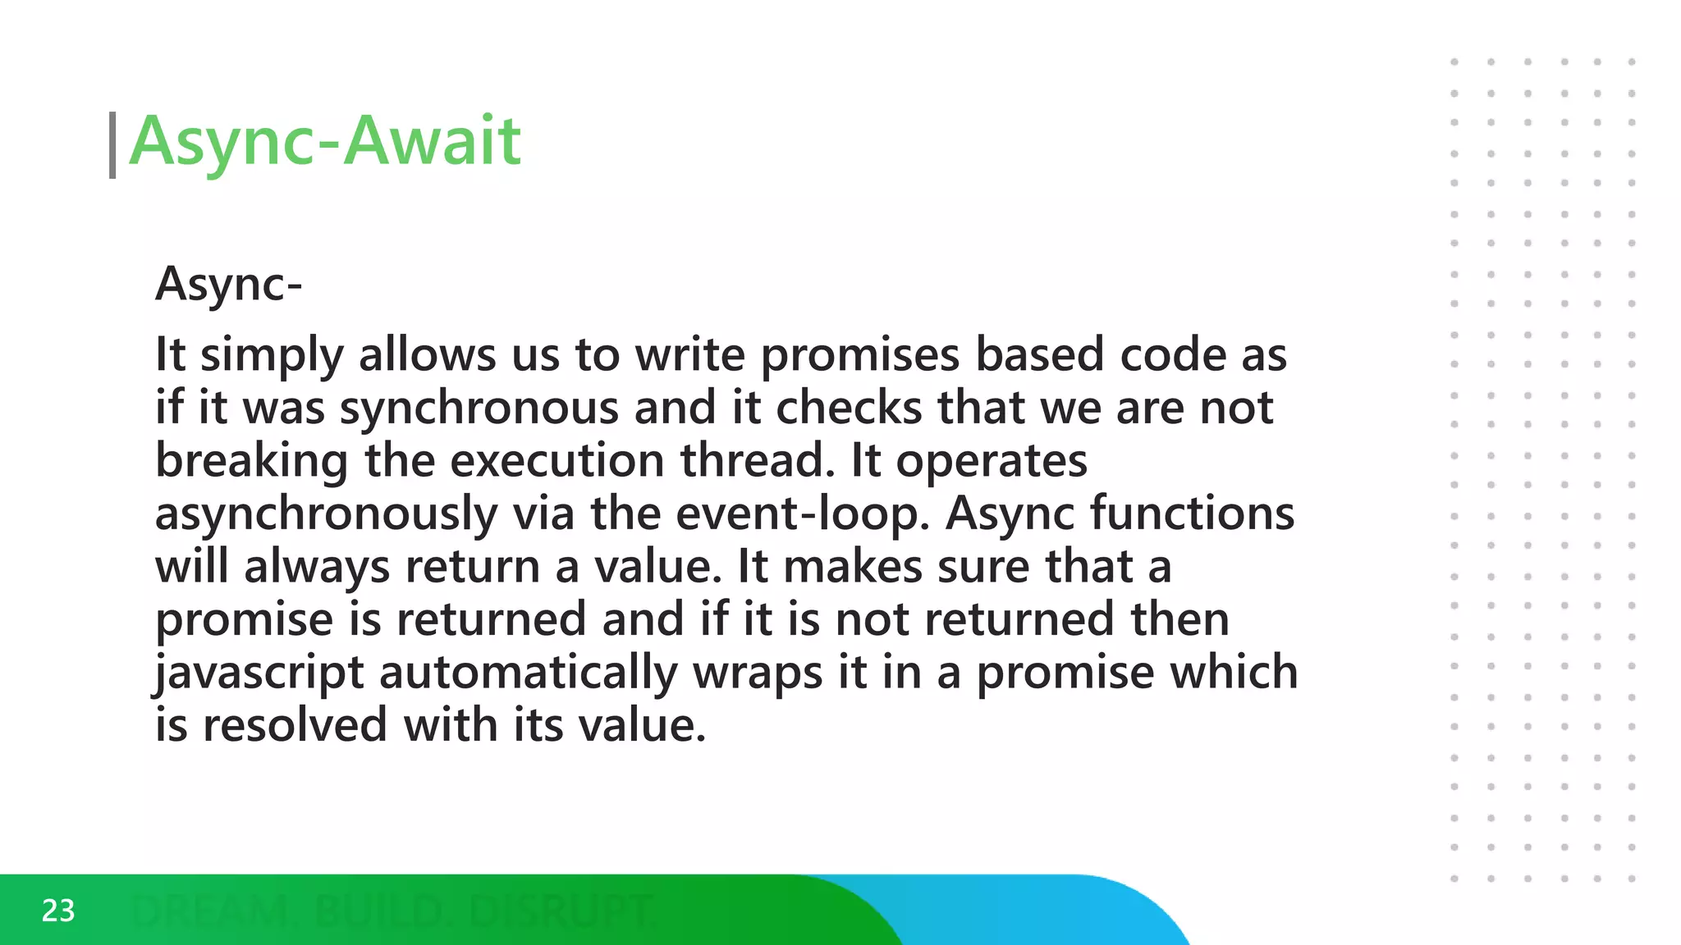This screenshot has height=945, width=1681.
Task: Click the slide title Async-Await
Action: click(325, 141)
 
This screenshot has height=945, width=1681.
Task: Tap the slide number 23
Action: click(58, 911)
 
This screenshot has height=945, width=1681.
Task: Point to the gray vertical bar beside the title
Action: click(112, 145)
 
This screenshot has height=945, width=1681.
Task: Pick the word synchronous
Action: click(479, 409)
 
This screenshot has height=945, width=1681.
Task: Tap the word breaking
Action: click(252, 461)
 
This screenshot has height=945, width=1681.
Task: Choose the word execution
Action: click(557, 461)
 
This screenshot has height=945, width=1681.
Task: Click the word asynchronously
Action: click(326, 514)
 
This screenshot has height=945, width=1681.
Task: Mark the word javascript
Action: click(259, 673)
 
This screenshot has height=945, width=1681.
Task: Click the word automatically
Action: click(528, 673)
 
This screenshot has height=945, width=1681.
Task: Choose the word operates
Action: click(992, 461)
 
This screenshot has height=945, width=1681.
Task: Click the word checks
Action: click(850, 409)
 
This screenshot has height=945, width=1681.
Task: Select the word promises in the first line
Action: click(860, 356)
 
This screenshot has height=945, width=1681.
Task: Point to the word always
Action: click(317, 568)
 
